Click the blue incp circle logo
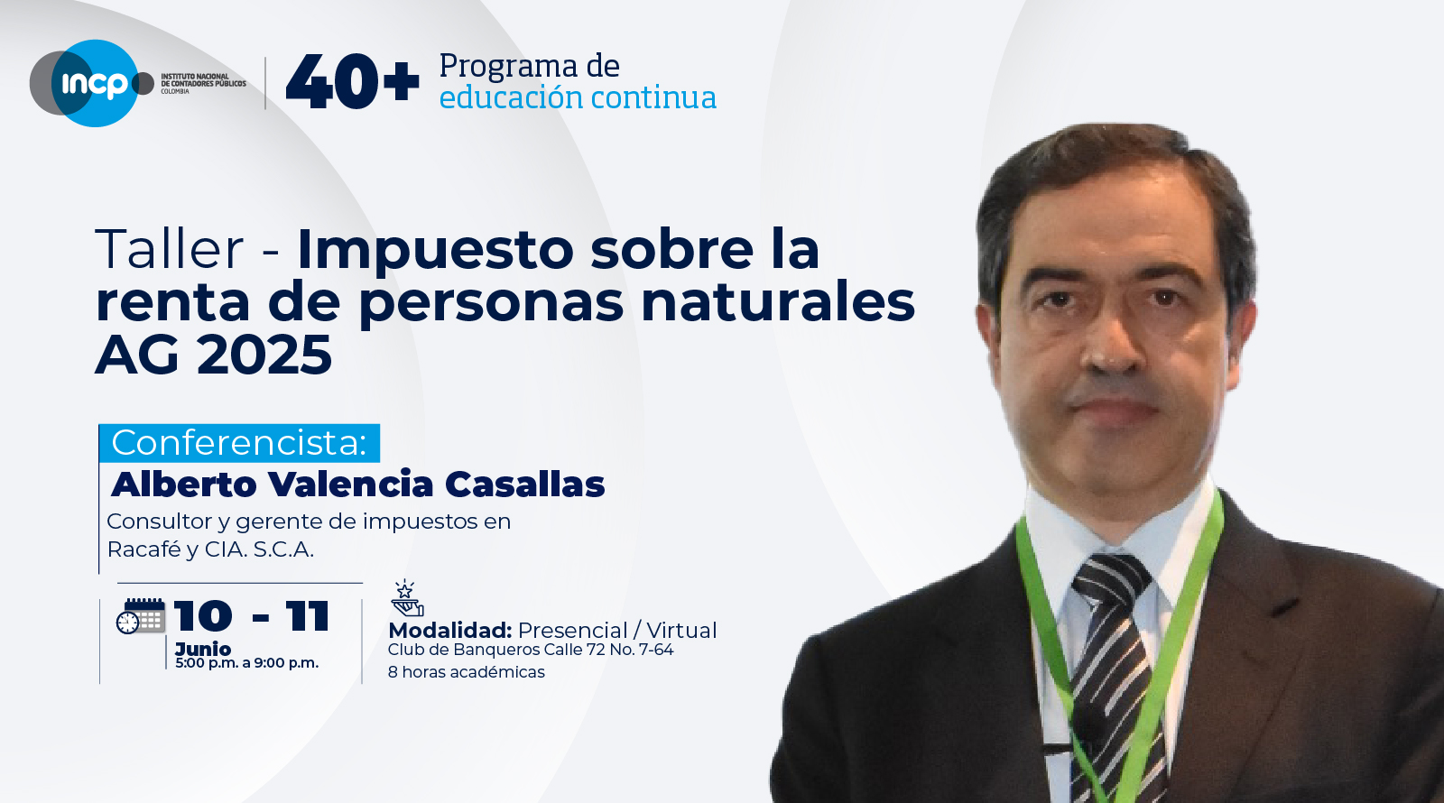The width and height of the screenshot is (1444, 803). click(92, 83)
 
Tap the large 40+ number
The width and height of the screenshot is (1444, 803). click(352, 82)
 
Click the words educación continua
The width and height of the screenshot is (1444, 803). click(578, 97)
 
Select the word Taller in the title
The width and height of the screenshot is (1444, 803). click(170, 249)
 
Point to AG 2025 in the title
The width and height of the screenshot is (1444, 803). click(214, 355)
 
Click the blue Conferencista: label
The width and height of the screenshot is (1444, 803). click(239, 443)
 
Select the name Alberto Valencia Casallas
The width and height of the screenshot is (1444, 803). click(357, 485)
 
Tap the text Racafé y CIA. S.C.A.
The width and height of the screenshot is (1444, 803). click(210, 549)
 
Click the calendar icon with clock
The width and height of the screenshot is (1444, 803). click(141, 616)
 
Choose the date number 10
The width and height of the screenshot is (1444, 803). click(203, 617)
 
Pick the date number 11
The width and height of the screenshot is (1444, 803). click(308, 617)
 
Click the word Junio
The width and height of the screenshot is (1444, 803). click(203, 649)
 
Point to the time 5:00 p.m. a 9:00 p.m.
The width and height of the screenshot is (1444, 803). click(246, 663)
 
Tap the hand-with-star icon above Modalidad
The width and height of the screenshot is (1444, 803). click(406, 598)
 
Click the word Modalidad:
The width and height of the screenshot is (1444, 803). click(450, 631)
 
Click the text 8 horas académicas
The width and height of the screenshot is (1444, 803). click(466, 672)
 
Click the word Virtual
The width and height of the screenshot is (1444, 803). click(681, 631)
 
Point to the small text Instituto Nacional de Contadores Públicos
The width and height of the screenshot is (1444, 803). click(203, 83)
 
